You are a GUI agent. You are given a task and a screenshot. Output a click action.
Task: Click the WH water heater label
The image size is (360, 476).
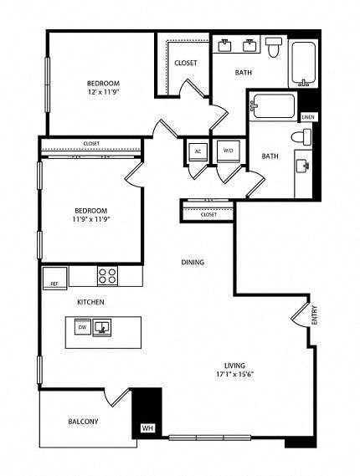pos(148,428)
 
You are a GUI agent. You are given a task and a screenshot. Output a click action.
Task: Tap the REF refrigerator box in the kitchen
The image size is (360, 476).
pos(54,283)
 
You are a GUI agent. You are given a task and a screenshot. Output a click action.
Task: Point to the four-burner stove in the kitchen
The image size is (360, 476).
pos(107,275)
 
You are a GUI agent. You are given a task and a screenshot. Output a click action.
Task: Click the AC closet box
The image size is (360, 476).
pos(198,151)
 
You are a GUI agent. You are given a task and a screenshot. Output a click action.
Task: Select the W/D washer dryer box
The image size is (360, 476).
pos(226,151)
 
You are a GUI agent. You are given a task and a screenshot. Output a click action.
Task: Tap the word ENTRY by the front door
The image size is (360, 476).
pos(315,317)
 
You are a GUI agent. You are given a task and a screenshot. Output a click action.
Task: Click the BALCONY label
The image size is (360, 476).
pos(83,422)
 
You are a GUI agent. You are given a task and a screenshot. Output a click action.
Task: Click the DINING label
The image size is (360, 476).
pos(193,262)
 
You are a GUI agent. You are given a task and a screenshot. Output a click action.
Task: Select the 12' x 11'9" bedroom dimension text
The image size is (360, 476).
pos(105,92)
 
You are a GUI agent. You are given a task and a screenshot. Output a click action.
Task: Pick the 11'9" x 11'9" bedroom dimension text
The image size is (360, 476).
pos(92,218)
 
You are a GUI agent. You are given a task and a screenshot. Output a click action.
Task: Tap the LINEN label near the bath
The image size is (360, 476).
pos(308,117)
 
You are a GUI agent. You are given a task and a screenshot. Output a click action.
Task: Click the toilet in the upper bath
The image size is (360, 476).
pos(275,49)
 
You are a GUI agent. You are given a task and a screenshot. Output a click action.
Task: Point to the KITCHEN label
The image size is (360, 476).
pos(90,301)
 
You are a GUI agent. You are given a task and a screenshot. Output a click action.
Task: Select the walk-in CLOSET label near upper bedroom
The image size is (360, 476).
pos(185,64)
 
